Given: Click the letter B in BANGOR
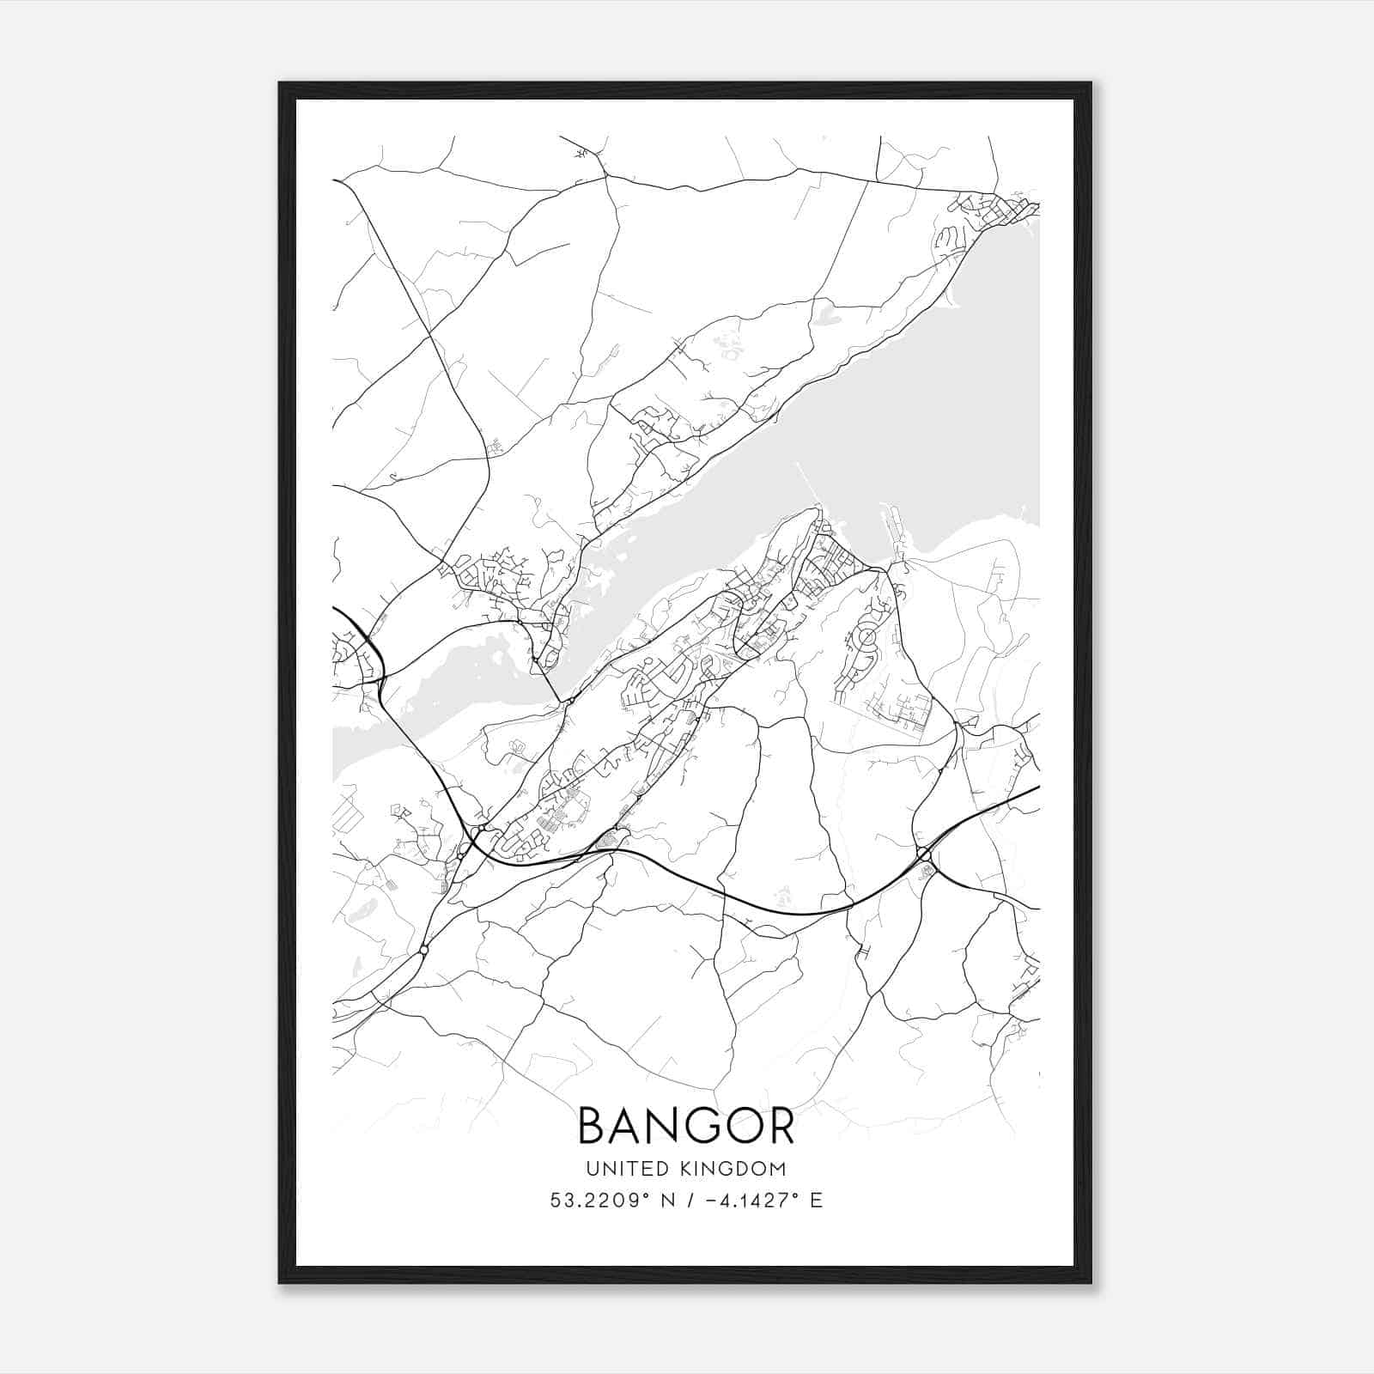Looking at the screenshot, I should click(x=593, y=1125).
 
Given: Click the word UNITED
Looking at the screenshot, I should click(x=619, y=1168).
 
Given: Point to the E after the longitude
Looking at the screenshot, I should click(x=816, y=1200).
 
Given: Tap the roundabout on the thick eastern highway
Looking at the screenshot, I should click(x=923, y=854).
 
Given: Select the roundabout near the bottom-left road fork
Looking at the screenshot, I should click(x=423, y=950).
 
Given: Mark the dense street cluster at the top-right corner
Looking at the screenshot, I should click(x=996, y=209).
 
